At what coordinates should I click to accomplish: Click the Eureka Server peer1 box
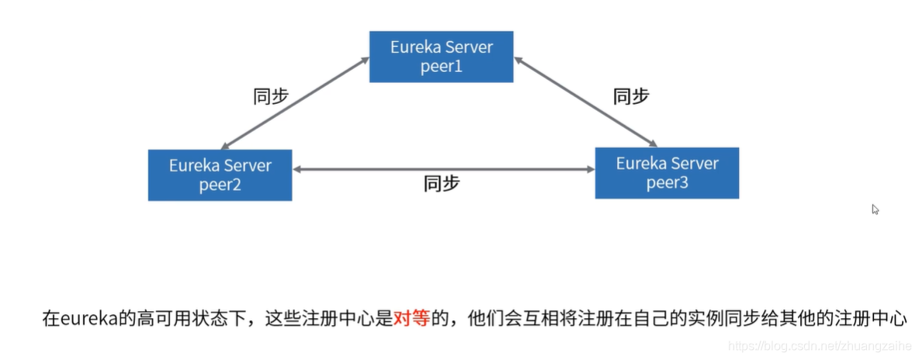[441, 57]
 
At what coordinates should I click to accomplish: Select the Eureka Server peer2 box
[220, 175]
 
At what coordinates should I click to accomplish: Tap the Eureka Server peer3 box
[667, 173]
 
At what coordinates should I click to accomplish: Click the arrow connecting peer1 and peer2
[295, 103]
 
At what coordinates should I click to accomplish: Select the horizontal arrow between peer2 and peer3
[443, 168]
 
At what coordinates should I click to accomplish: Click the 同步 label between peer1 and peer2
[271, 96]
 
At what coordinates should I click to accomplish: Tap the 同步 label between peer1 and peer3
[630, 96]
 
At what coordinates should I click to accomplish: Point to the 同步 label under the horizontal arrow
[441, 185]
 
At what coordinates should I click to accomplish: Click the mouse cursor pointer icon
[876, 209]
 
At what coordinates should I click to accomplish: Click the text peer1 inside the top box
[441, 66]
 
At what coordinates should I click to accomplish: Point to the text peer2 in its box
[220, 185]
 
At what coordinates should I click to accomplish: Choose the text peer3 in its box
[667, 183]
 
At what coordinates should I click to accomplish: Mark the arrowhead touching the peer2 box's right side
[298, 168]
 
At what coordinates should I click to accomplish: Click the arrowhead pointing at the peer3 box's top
[653, 142]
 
